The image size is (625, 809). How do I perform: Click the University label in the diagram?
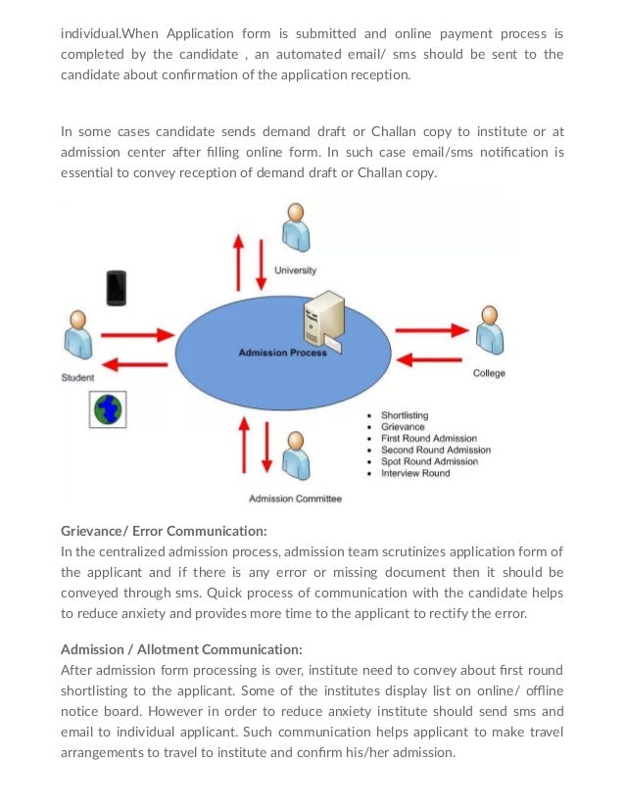[x=295, y=269]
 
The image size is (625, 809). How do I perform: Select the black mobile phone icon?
[x=117, y=287]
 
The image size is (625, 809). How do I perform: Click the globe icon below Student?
[x=105, y=408]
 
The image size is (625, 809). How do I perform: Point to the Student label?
[x=77, y=377]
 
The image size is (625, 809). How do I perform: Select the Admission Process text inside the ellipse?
[x=283, y=353]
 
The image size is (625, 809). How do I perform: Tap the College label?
[x=489, y=373]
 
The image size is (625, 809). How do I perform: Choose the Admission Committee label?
[x=295, y=499]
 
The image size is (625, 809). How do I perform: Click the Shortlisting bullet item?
[x=404, y=415]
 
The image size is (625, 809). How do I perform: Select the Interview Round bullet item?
[x=415, y=473]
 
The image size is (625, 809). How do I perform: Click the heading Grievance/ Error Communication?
[x=164, y=531]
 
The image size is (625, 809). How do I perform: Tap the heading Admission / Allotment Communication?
[x=181, y=648]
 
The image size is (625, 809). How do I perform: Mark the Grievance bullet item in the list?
[x=403, y=427]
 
